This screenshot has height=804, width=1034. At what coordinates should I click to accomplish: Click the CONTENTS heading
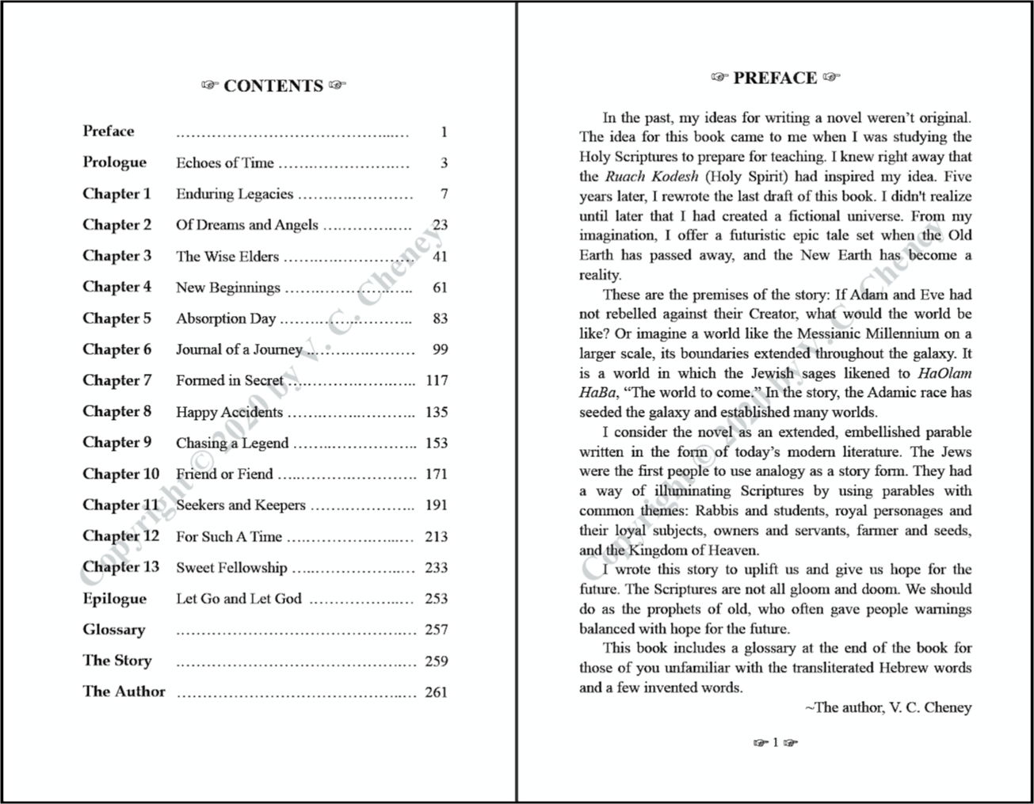pyautogui.click(x=273, y=86)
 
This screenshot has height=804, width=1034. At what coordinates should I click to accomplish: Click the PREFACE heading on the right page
pyautogui.click(x=775, y=78)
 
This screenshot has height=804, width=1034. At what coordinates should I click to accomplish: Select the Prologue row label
pyautogui.click(x=115, y=162)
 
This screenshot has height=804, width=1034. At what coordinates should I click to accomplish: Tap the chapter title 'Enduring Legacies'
pyautogui.click(x=235, y=194)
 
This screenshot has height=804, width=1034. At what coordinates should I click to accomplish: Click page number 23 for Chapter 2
pyautogui.click(x=440, y=225)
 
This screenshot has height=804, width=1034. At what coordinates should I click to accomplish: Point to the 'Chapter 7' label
pyautogui.click(x=116, y=380)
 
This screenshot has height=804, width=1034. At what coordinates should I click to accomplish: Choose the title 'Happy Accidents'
pyautogui.click(x=229, y=412)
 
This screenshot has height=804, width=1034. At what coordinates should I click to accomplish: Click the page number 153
pyautogui.click(x=437, y=443)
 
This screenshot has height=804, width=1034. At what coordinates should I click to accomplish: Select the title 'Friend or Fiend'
pyautogui.click(x=224, y=474)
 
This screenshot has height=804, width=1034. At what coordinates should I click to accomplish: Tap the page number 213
pyautogui.click(x=437, y=536)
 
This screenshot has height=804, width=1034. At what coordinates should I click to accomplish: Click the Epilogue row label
pyautogui.click(x=115, y=599)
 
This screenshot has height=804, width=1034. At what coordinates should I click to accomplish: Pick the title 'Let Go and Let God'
pyautogui.click(x=238, y=599)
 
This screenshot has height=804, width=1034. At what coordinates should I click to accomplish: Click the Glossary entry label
pyautogui.click(x=114, y=630)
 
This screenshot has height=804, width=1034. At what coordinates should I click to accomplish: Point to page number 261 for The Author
pyautogui.click(x=437, y=692)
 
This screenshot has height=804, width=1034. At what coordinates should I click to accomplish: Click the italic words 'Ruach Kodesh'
pyautogui.click(x=651, y=177)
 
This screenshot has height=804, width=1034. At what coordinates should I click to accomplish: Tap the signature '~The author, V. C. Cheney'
pyautogui.click(x=888, y=707)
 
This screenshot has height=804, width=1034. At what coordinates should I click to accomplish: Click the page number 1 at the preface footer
pyautogui.click(x=776, y=742)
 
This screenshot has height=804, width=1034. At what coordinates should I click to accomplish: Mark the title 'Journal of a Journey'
pyautogui.click(x=238, y=349)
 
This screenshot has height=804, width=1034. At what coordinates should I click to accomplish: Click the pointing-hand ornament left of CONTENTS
pyautogui.click(x=209, y=86)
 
